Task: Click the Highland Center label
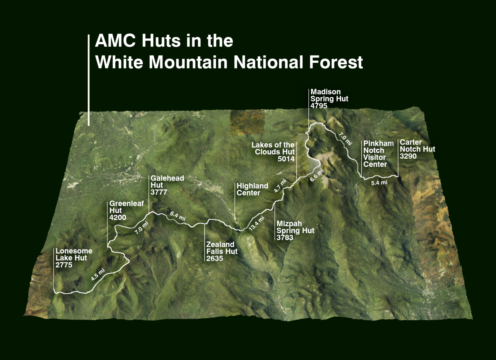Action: click(252, 189)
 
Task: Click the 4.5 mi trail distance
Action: click(98, 274)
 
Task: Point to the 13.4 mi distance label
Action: click(257, 223)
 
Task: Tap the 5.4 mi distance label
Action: click(379, 183)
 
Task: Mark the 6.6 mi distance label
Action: click(316, 175)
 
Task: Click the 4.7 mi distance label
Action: click(280, 186)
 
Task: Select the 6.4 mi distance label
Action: click(178, 216)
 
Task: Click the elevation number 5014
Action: click(286, 159)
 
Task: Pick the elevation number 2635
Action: click(215, 258)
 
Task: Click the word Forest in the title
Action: click(336, 62)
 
